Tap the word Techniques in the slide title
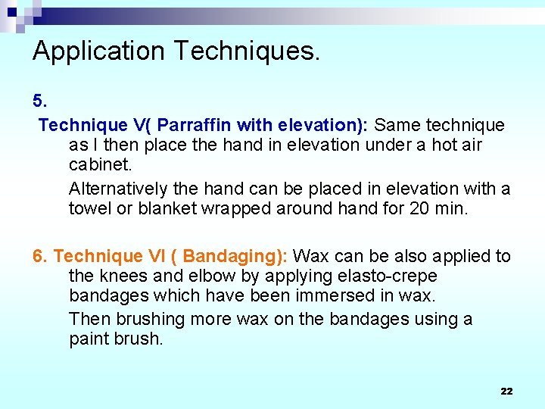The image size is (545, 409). (x=246, y=52)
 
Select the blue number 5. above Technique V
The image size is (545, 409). (x=39, y=101)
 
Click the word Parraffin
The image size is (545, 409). (x=195, y=124)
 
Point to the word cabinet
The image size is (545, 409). (x=99, y=164)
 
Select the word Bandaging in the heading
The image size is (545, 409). (x=231, y=256)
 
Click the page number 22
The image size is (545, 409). (x=506, y=391)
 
